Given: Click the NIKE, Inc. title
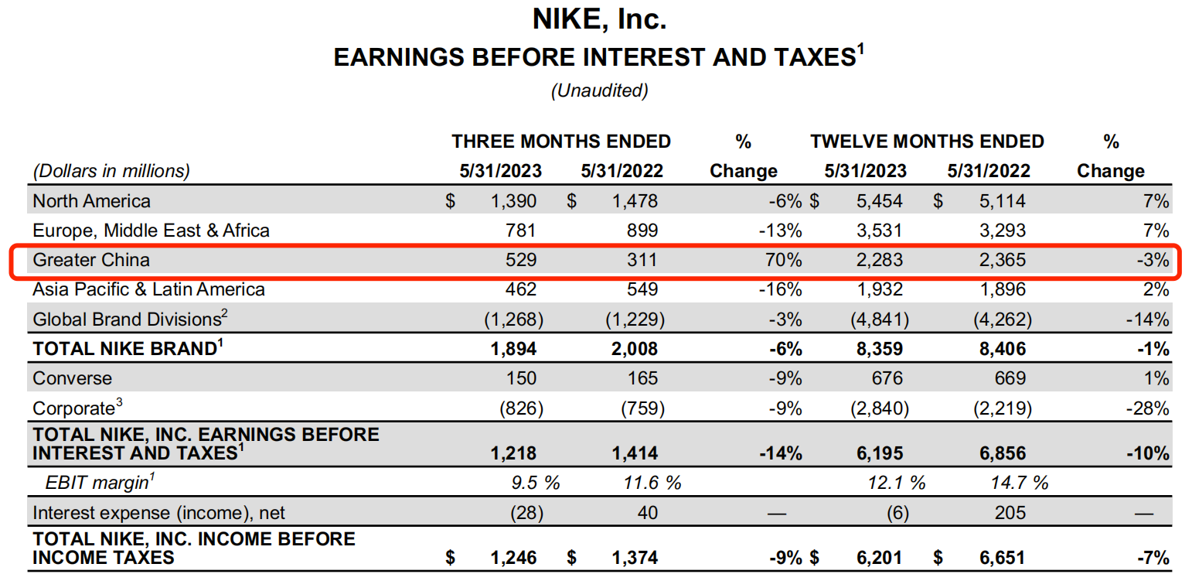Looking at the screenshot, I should click(x=599, y=20).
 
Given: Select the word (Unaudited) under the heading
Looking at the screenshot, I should click(x=599, y=91).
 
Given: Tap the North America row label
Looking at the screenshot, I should click(x=91, y=201).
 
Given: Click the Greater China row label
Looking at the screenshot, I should click(x=80, y=260).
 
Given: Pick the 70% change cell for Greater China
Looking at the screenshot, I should click(x=784, y=260).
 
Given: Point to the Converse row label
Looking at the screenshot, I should click(x=72, y=378).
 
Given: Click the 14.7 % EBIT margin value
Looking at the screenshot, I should click(x=1020, y=483).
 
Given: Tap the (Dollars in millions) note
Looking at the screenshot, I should click(x=111, y=171).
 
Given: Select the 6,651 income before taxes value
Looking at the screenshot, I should click(x=1002, y=557).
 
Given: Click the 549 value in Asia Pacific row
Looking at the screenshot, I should click(x=642, y=289).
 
